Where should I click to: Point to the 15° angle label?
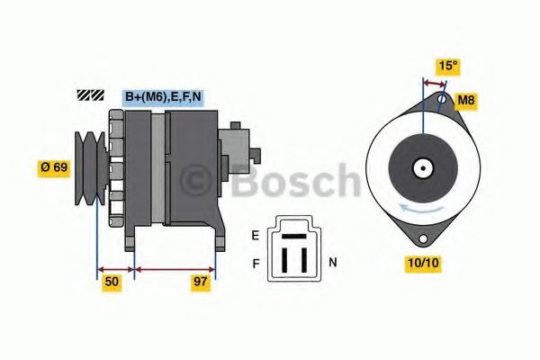tap(447, 67)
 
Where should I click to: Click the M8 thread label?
tap(466, 100)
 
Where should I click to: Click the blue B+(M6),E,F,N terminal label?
tap(161, 96)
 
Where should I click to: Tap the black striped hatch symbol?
tap(91, 94)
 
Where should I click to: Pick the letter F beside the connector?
tap(255, 265)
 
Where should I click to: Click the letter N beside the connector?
tap(332, 263)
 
